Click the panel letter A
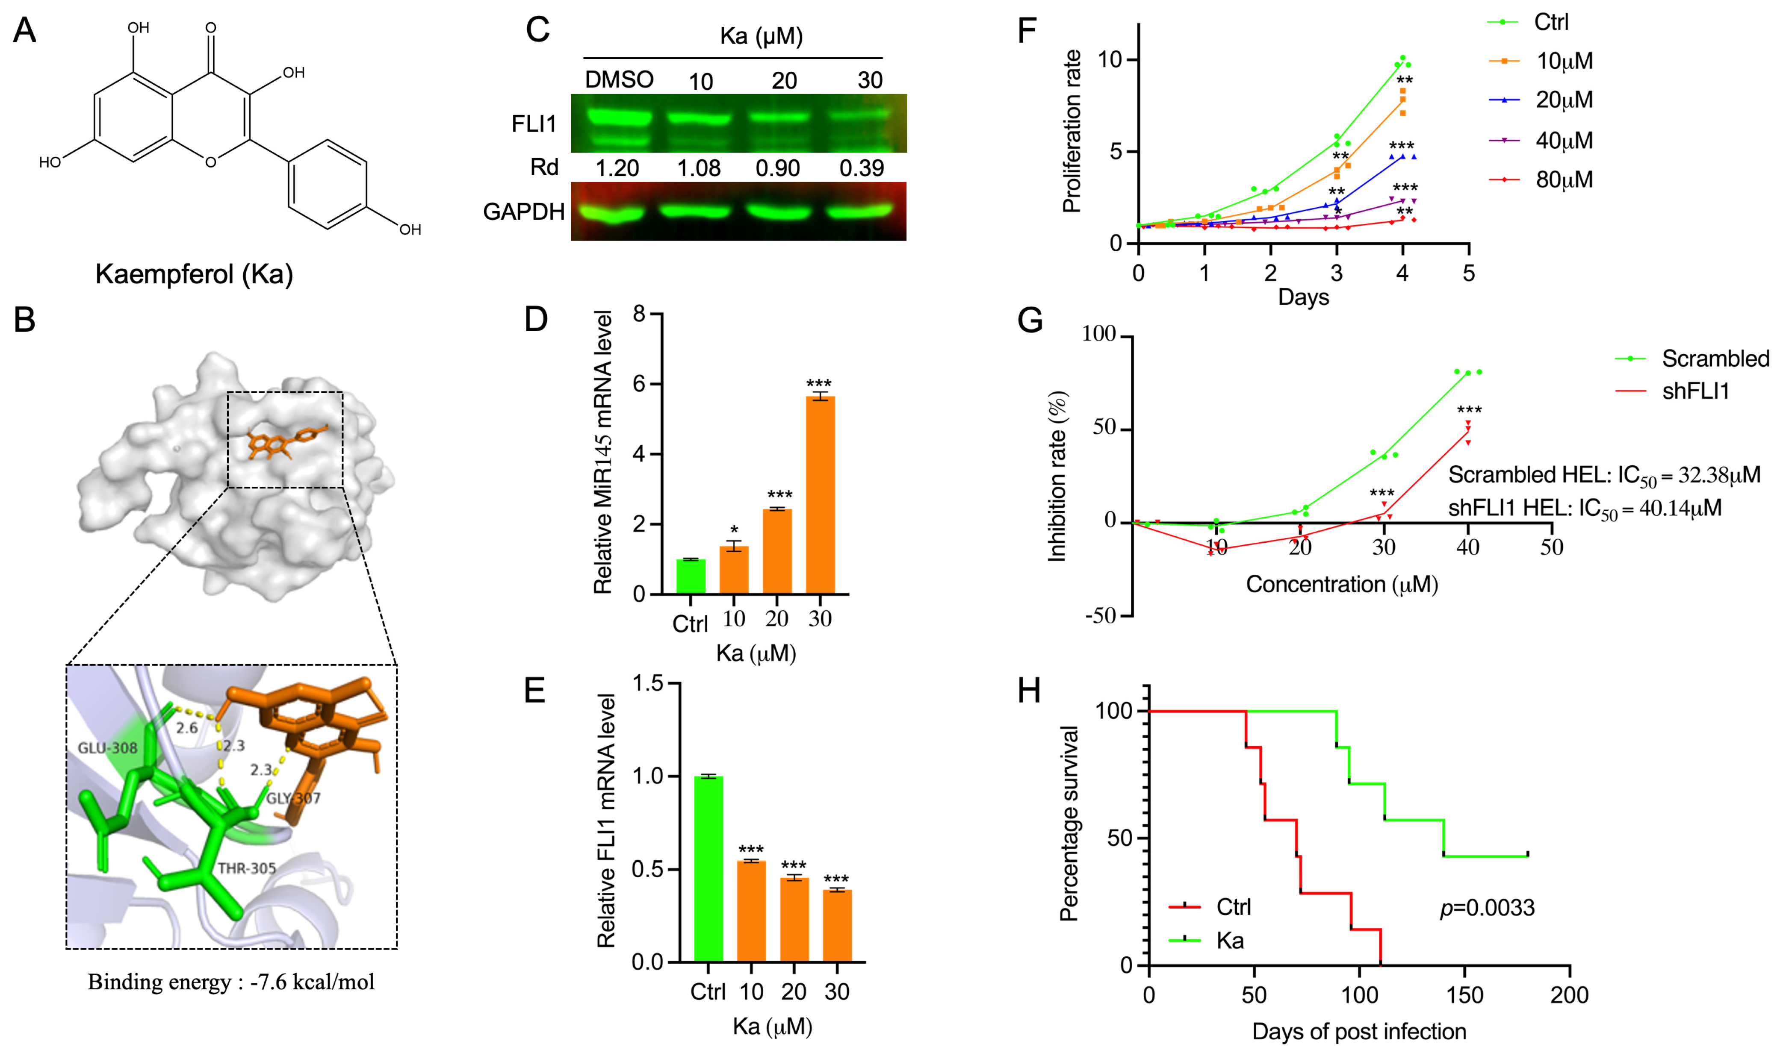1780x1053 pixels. tap(25, 30)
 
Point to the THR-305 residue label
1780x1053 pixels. tap(246, 868)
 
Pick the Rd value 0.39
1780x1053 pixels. tap(862, 168)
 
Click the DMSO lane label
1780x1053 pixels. tap(619, 79)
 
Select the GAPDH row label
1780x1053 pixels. tap(524, 212)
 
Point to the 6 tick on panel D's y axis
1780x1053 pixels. tap(640, 384)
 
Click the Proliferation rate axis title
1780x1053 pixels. tap(1072, 131)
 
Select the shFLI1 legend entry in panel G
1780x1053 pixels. tap(1672, 391)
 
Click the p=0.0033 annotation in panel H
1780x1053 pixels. tap(1487, 908)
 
